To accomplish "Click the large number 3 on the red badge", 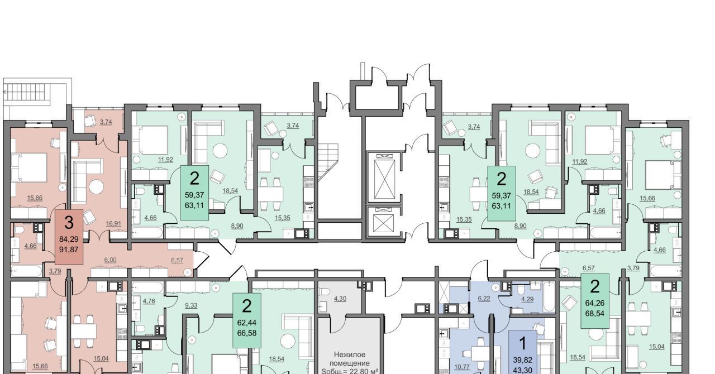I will point(69,223).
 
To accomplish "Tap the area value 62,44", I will point(246,323).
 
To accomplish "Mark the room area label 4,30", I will point(340,299).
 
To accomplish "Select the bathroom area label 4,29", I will point(527,299).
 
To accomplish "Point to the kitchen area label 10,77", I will point(461,367).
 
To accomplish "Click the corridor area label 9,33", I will point(190,306).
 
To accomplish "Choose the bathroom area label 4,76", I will point(149,301).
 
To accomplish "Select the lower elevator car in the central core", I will point(384,223).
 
